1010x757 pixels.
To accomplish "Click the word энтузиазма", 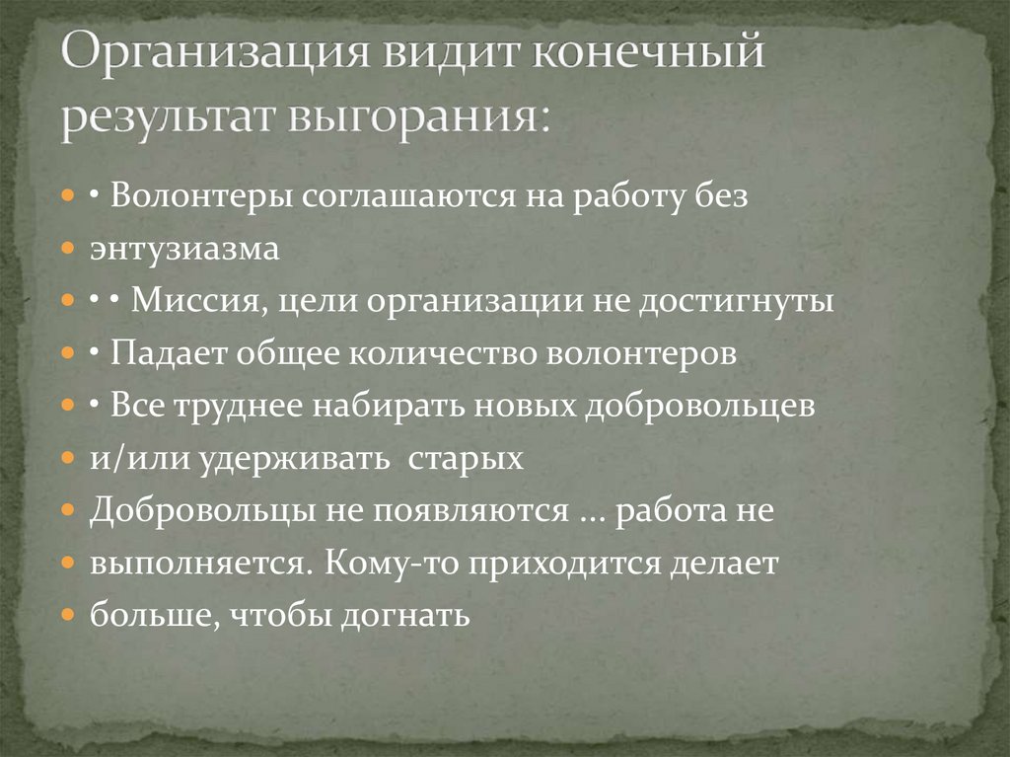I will tap(185, 249).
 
